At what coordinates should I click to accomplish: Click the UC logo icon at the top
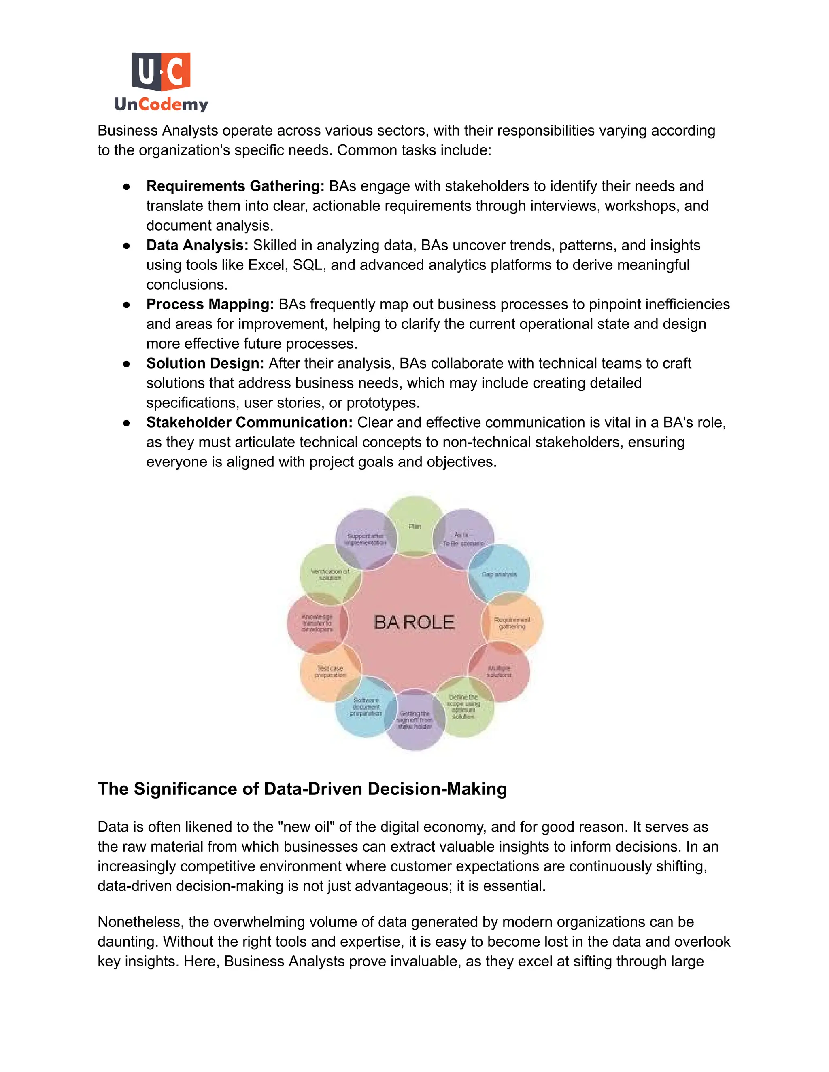click(161, 71)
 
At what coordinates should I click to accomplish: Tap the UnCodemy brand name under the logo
click(161, 104)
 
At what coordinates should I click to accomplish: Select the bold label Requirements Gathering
click(235, 186)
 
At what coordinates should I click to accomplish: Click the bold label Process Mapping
click(210, 304)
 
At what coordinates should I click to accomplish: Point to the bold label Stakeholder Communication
click(249, 422)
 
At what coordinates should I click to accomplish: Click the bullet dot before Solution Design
click(127, 364)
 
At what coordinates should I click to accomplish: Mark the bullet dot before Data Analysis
click(127, 246)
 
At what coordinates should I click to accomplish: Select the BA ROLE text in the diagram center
click(414, 623)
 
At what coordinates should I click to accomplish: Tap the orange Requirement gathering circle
click(512, 623)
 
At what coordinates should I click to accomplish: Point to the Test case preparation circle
click(330, 672)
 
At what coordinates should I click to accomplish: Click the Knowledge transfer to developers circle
click(317, 623)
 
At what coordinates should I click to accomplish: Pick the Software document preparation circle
click(366, 707)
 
